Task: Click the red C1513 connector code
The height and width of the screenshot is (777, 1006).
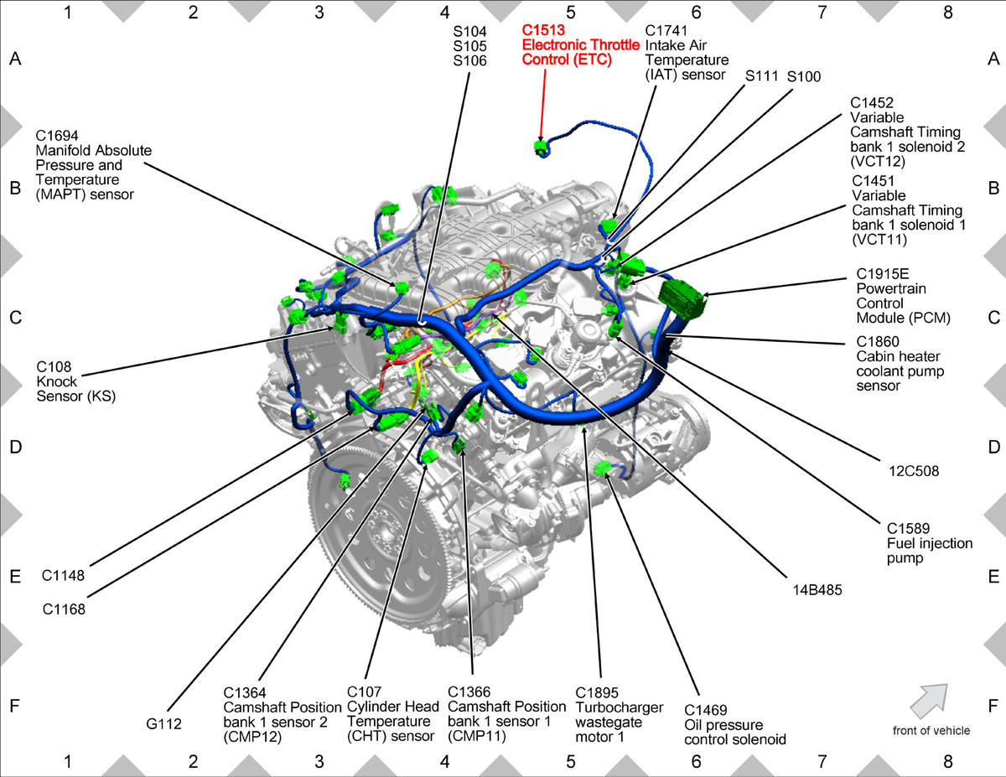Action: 543,30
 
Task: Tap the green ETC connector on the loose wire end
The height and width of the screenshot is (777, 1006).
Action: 541,148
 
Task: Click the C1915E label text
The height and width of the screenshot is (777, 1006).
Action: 883,274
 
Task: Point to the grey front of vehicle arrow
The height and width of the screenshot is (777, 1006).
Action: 930,701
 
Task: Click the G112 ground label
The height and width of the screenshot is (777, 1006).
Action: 163,724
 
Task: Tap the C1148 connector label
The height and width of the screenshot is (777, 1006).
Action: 64,576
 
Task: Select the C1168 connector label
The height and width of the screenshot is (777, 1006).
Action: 64,609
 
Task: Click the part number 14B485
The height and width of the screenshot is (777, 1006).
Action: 817,590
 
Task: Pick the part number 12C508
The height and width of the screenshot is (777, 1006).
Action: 914,471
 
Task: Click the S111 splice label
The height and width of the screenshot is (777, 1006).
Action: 761,76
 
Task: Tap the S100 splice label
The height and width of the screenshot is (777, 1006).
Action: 804,76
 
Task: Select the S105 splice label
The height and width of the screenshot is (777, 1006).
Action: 470,46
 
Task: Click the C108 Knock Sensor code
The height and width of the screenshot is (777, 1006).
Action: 54,367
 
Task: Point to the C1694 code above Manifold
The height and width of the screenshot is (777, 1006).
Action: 57,136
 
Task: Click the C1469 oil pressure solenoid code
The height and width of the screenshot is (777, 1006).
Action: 706,710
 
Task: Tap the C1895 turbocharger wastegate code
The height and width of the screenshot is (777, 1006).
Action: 597,693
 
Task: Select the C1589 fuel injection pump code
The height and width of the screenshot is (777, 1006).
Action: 908,529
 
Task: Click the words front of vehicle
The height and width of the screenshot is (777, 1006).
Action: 931,731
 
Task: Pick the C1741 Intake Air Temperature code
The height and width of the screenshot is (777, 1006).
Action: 666,30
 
